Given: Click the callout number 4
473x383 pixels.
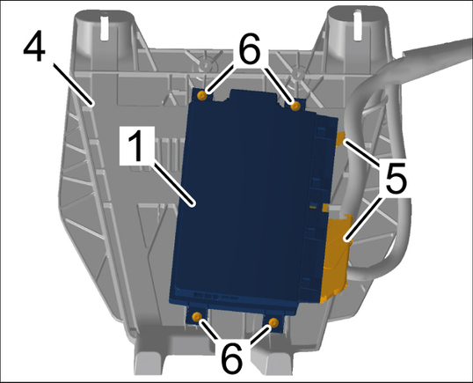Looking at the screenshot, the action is pos(34,46).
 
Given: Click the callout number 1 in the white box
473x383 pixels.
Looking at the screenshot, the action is pos(137,146).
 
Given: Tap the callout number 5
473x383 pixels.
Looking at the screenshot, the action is pos(396,179).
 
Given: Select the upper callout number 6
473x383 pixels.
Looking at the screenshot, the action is pos(249,48).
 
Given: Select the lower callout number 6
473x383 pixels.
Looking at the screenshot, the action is pos(232,358).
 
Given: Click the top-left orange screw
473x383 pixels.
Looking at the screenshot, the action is pos(202,96).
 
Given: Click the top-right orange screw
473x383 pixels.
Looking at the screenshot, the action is pos(295,106).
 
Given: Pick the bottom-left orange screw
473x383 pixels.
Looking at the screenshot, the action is pos(197,317).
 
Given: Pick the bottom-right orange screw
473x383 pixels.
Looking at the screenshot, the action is pos(274,322).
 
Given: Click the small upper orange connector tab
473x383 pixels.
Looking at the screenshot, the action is pos(340,138).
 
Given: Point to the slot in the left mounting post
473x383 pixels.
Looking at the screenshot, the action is pos(104,29).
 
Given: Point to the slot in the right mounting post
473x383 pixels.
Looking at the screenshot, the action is pos(357,26).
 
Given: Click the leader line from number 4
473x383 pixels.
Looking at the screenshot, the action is pos(73,85).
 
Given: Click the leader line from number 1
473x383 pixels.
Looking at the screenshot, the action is pos(173,184).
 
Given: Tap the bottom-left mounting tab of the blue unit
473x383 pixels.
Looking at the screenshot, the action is pos(198,313).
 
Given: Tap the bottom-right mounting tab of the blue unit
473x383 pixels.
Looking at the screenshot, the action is pos(274,321).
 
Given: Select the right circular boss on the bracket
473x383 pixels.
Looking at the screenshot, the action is pos(298,73).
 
